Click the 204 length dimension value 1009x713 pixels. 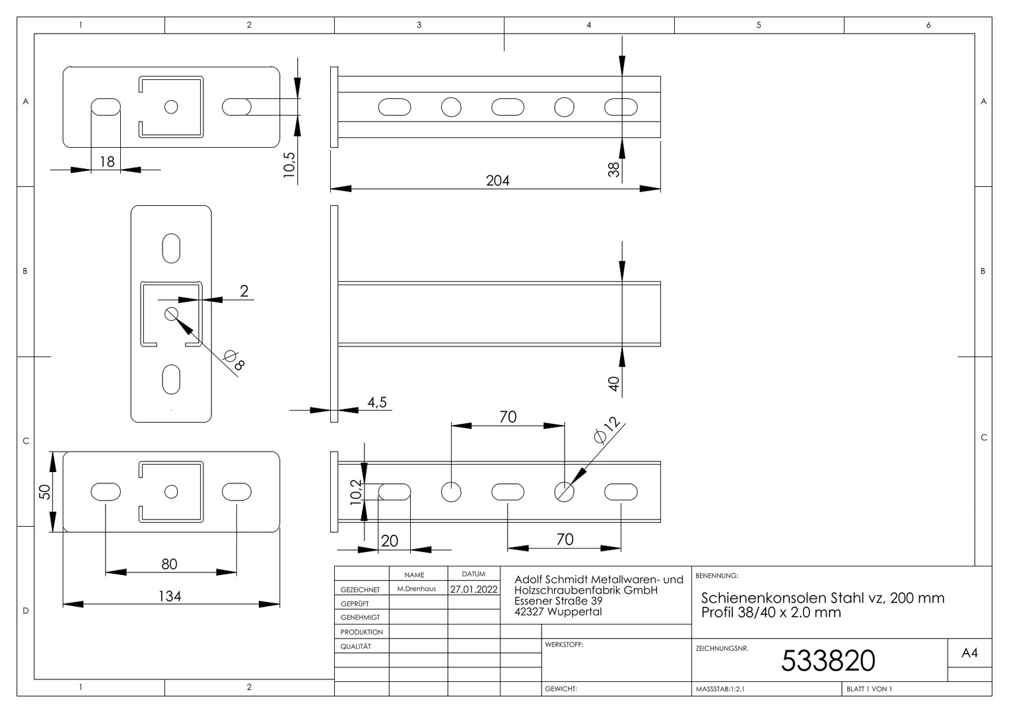(x=497, y=181)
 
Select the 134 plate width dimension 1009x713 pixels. (x=169, y=596)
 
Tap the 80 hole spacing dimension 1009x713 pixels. (x=169, y=564)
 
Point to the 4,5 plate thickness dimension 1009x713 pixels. (x=377, y=402)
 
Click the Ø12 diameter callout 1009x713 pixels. (x=607, y=430)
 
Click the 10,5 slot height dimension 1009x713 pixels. (x=289, y=165)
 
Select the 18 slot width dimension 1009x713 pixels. (x=107, y=162)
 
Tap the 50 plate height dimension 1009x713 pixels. (x=45, y=491)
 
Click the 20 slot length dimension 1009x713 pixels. (x=390, y=541)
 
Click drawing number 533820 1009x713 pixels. (x=828, y=660)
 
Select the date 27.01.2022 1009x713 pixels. (x=473, y=589)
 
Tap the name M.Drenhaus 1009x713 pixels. (x=417, y=589)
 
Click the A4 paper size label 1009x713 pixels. (x=969, y=653)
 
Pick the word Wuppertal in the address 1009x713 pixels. (x=574, y=611)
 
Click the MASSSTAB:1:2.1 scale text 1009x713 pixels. (x=720, y=689)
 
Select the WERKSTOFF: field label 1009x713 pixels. (x=564, y=644)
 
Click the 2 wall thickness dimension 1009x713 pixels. (x=244, y=291)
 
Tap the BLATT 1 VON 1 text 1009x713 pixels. (x=870, y=689)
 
